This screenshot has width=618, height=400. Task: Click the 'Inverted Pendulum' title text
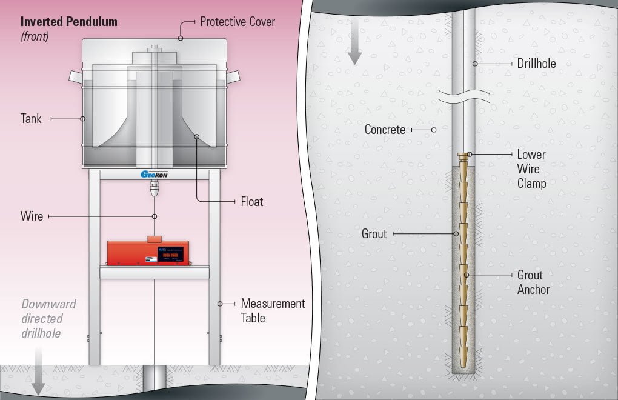click(68, 22)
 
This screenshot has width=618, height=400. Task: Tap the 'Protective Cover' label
click(238, 22)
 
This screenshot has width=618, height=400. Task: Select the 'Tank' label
click(31, 119)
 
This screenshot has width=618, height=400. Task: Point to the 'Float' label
click(252, 201)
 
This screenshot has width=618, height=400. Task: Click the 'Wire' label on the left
click(32, 216)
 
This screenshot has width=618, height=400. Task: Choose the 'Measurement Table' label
click(273, 310)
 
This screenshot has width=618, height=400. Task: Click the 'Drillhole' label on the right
click(536, 63)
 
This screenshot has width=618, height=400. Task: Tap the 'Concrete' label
click(385, 130)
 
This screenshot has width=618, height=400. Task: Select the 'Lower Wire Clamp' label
click(531, 168)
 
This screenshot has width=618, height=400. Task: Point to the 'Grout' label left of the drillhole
click(374, 233)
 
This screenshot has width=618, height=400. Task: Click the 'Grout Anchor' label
click(533, 282)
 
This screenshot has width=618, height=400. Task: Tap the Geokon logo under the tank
click(154, 175)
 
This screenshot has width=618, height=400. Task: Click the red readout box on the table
click(147, 252)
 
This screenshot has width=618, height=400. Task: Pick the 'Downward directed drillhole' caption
click(48, 318)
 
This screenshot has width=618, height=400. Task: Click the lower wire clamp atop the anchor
click(463, 158)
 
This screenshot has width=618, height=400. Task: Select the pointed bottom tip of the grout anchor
click(463, 364)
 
